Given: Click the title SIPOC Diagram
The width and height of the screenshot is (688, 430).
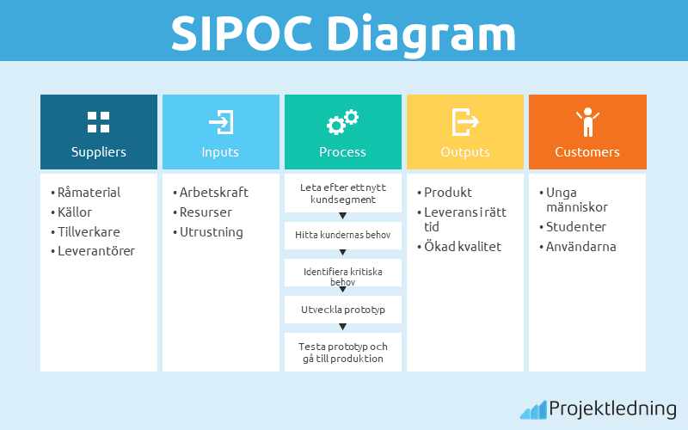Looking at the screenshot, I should coord(343,32).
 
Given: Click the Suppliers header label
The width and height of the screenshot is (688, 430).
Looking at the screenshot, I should coord(99,152).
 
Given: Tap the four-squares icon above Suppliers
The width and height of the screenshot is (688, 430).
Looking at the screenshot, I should coord(99,121).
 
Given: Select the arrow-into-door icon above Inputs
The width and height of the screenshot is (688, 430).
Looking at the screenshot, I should coord(221,121).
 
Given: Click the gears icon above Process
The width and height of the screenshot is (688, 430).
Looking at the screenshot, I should coord(342,122).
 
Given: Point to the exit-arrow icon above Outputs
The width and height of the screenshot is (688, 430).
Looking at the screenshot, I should coord(465,121).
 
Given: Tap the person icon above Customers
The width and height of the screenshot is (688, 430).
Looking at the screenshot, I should coord(587,122).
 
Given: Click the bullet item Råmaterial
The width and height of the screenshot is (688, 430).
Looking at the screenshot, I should coord(89,193).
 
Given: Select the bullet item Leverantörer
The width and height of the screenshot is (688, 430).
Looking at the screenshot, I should coord(95,251).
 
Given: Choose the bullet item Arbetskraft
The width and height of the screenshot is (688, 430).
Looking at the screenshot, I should coord(212,193).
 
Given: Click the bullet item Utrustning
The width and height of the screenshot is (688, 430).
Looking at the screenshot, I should coord(210,232).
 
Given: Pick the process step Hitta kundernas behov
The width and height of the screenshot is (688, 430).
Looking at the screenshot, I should coord(343,234).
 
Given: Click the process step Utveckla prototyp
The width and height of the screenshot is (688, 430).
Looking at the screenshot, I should coord(343,307).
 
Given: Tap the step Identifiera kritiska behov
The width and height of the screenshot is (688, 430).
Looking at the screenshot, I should coord(343,275).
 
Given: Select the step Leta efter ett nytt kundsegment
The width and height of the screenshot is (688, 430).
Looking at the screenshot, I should coord(343,193).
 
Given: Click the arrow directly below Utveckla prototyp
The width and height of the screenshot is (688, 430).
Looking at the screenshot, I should coord(343,326).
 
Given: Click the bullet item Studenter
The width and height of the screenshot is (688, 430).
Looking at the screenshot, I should coord(575,227).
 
